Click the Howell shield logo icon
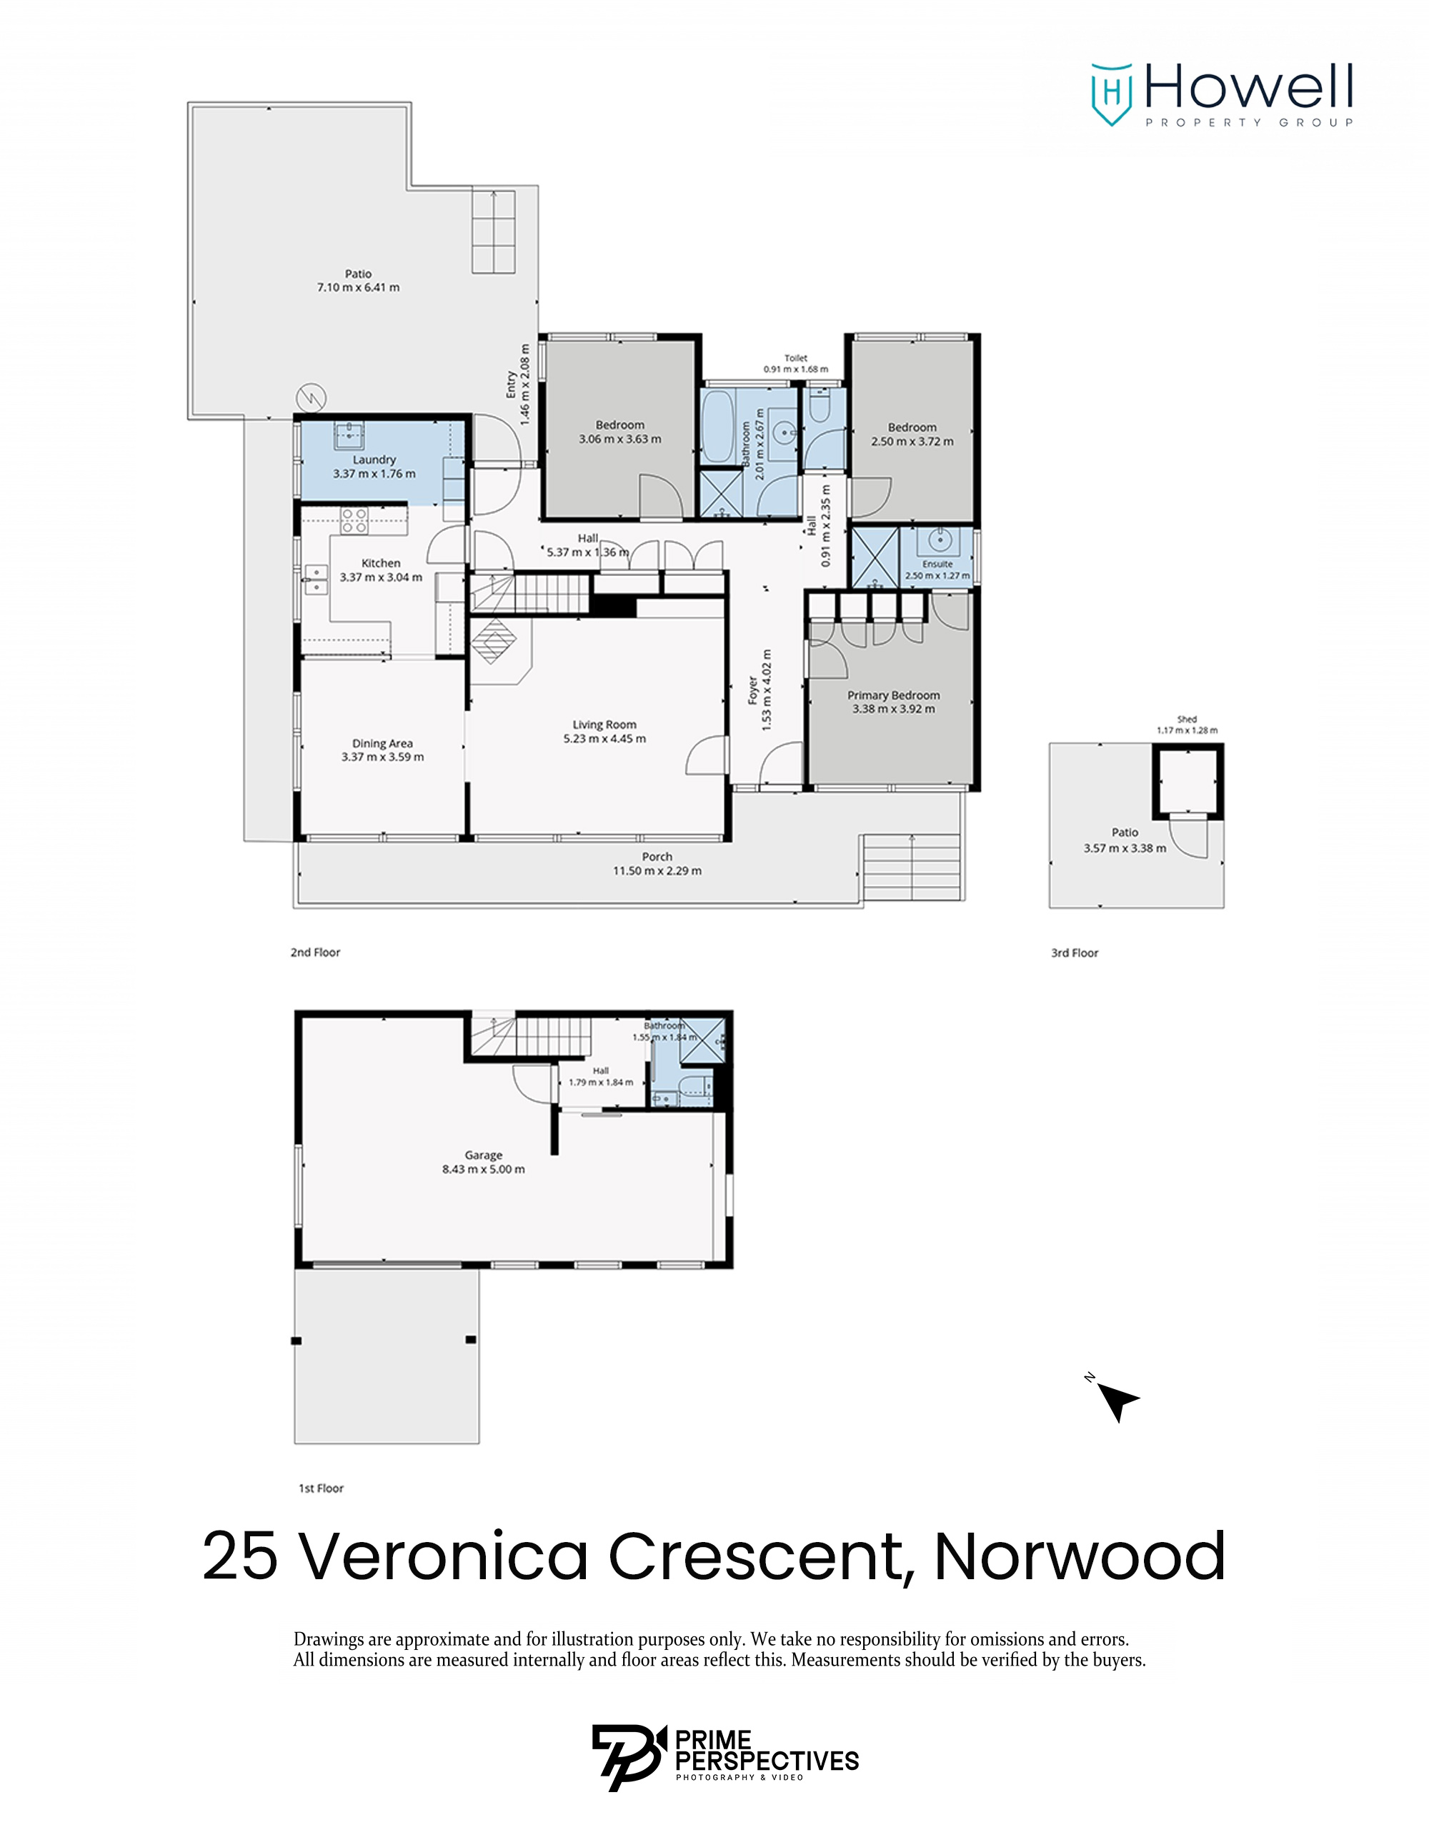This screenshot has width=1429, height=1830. coord(1112,93)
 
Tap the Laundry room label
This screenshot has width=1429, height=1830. coord(374,459)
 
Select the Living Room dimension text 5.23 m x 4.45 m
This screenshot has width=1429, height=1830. coord(604,738)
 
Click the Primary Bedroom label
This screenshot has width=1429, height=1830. coord(893,695)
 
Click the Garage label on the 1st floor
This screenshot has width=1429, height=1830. coord(483,1155)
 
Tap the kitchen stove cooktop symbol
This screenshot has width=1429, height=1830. coord(354,520)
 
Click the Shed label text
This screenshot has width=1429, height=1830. coord(1186,719)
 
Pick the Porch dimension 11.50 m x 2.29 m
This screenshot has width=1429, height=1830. coord(657,870)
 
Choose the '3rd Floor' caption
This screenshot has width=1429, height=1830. coord(1074,953)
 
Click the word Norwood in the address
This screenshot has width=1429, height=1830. coord(1079,1555)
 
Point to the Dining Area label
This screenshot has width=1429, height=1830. coord(382,743)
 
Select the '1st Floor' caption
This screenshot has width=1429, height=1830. coord(321,1488)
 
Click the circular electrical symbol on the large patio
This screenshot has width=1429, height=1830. coord(312,398)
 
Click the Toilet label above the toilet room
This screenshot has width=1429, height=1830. coord(795,358)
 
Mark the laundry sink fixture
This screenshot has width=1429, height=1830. coord(349,432)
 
